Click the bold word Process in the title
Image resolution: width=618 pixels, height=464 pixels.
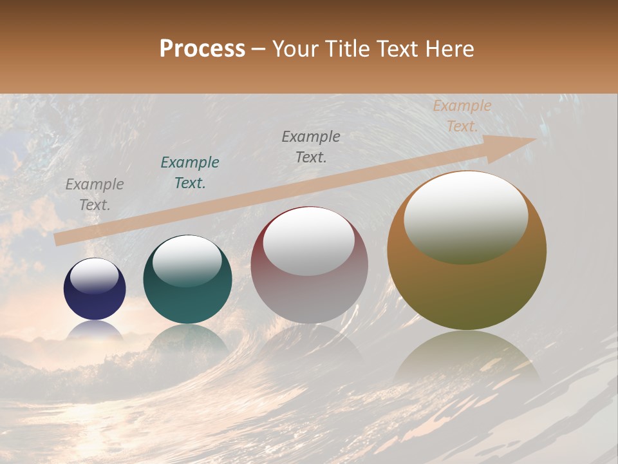click(202, 49)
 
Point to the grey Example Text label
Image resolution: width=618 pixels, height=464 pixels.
click(95, 195)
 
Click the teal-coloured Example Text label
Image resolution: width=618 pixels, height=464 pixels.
click(190, 173)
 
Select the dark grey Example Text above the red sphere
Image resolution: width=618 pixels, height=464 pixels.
click(311, 146)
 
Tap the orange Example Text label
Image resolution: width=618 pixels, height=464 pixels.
click(462, 116)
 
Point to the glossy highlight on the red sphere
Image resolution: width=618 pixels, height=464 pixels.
click(309, 242)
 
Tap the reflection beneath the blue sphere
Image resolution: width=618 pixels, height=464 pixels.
click(95, 331)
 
